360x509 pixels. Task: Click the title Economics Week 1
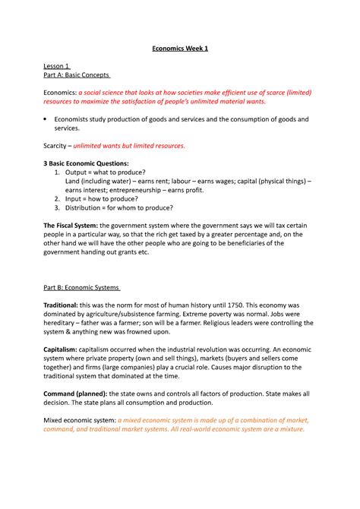(x=179, y=49)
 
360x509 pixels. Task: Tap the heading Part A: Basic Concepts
(x=77, y=75)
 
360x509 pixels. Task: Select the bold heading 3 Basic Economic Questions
(x=86, y=163)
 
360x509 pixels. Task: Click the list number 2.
(x=58, y=198)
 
